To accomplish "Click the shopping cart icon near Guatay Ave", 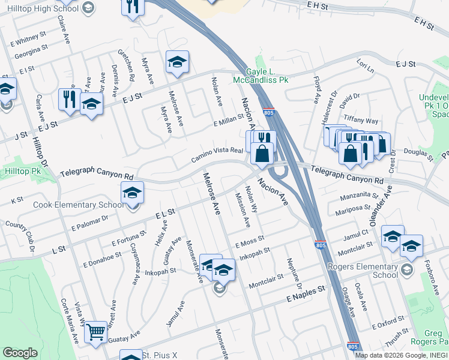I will [x=95, y=332].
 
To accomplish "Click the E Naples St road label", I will [x=306, y=289].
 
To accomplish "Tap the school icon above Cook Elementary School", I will [x=132, y=193].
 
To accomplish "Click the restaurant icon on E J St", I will [x=70, y=99].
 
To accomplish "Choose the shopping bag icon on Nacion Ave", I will [x=262, y=154].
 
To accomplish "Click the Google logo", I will [x=20, y=353].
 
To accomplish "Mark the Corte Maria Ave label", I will [x=68, y=322].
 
